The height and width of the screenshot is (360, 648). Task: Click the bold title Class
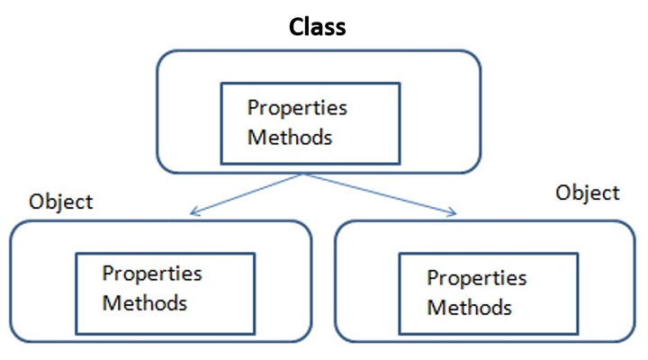pyautogui.click(x=317, y=27)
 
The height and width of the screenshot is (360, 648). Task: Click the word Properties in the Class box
pyautogui.click(x=297, y=108)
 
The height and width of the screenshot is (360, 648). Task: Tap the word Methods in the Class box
pyautogui.click(x=290, y=138)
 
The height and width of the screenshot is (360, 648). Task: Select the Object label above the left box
pyautogui.click(x=60, y=202)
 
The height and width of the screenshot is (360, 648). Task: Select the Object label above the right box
pyautogui.click(x=587, y=193)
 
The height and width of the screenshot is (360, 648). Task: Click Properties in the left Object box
pyautogui.click(x=151, y=273)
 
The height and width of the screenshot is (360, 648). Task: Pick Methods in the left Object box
pyautogui.click(x=144, y=302)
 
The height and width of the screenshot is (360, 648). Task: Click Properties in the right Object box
pyautogui.click(x=476, y=278)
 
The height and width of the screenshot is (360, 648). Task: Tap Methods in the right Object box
pyautogui.click(x=469, y=308)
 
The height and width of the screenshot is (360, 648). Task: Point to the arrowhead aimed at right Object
pyautogui.click(x=452, y=212)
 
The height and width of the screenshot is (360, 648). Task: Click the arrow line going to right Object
pyautogui.click(x=378, y=193)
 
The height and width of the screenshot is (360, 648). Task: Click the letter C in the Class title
pyautogui.click(x=297, y=27)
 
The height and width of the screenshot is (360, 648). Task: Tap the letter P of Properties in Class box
pyautogui.click(x=254, y=108)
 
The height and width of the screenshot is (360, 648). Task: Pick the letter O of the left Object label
pyautogui.click(x=37, y=202)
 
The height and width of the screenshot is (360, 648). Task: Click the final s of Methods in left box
pyautogui.click(x=183, y=303)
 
